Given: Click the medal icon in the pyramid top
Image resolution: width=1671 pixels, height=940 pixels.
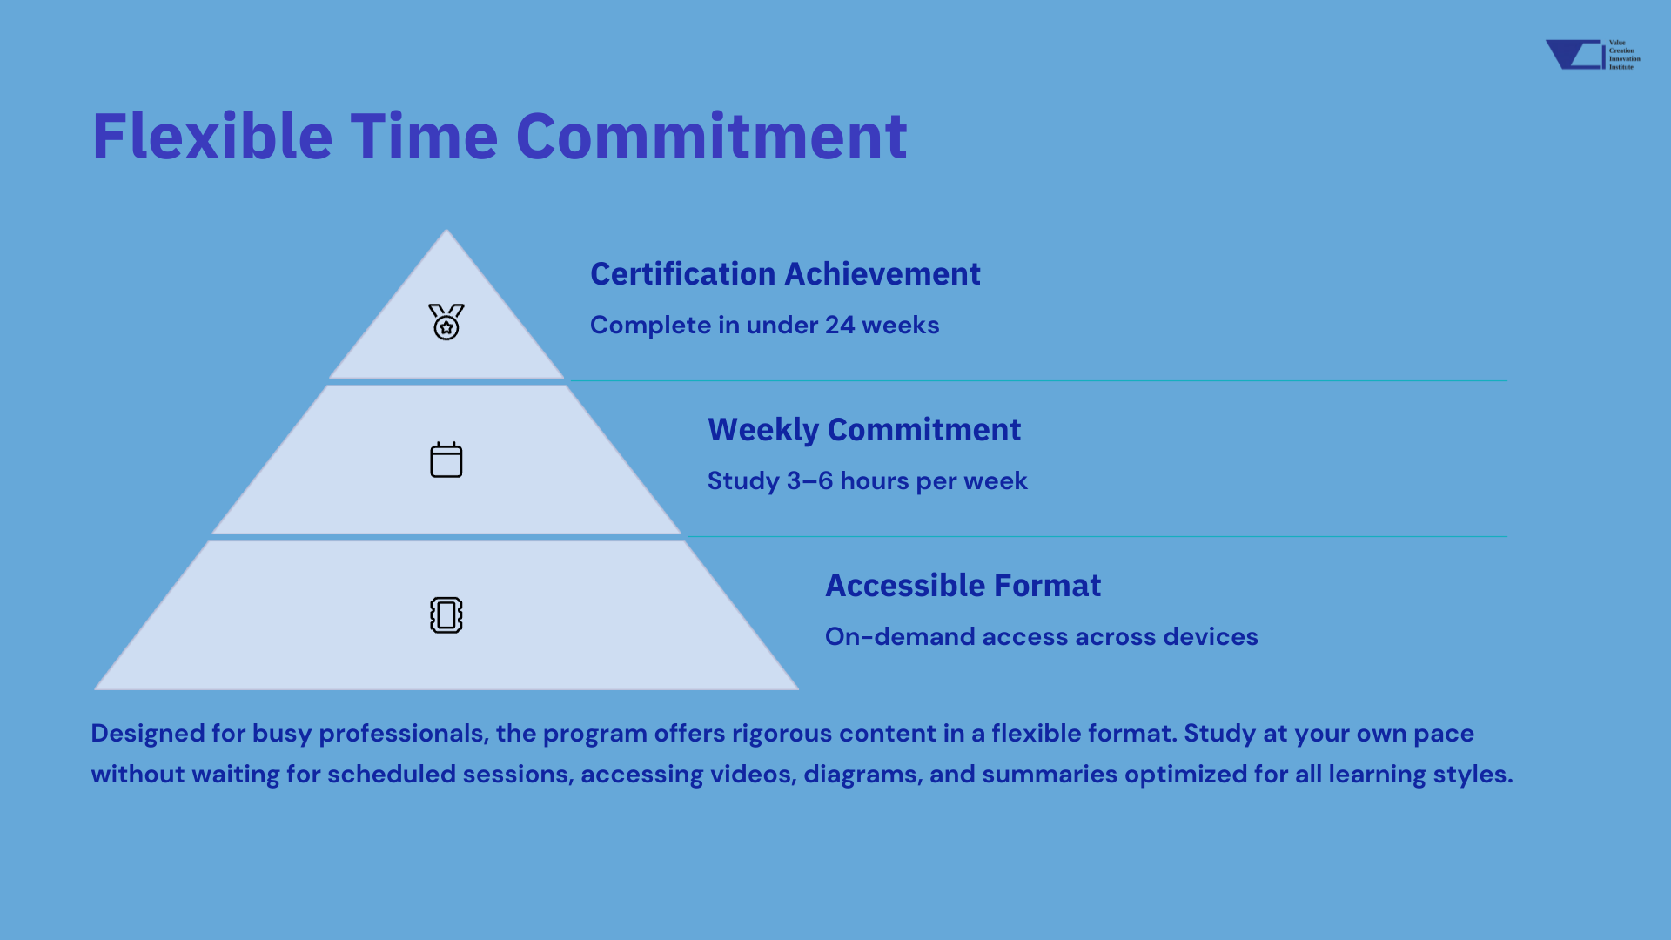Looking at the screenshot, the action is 446,322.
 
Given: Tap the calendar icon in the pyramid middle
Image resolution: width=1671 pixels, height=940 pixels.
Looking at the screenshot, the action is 446,460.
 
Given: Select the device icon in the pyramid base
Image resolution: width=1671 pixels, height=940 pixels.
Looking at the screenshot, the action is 446,615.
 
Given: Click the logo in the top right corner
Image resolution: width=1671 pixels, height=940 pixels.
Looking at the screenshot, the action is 1593,54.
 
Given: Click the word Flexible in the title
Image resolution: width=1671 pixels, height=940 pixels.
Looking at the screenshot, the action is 212,137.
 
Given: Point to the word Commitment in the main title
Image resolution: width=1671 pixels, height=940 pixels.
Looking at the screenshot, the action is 712,137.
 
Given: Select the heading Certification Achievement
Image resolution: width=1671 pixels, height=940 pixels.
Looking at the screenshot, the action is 785,274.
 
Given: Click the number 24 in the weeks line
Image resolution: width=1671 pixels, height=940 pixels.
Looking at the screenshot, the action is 840,325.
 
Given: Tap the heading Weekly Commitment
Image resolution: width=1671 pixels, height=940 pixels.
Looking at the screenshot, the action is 864,430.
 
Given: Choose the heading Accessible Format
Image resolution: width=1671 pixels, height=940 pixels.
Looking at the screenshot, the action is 963,586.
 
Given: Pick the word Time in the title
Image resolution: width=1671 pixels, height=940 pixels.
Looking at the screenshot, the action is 424,137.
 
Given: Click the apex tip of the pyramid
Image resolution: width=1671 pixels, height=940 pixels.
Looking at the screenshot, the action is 446,230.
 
